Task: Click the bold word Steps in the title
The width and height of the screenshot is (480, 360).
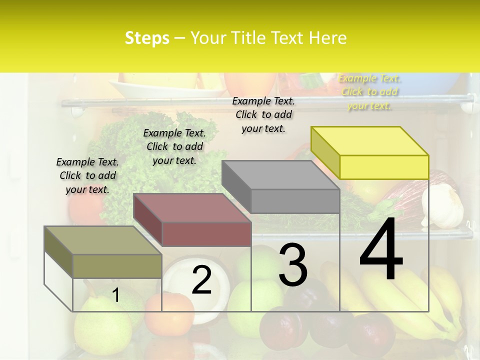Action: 147,38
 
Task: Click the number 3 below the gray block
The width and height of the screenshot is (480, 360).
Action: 292,265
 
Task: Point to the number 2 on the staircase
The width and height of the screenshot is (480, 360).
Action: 201,280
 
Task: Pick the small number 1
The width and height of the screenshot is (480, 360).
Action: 115,295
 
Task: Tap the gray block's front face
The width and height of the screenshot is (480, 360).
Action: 295,201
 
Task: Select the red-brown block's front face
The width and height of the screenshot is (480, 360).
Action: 206,234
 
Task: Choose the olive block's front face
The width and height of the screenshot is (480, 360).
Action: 117,266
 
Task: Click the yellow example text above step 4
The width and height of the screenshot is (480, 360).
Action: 369,92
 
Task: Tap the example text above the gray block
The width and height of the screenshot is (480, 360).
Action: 263,114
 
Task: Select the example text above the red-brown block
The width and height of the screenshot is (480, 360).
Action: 174,146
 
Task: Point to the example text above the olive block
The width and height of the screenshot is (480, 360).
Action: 87,175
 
